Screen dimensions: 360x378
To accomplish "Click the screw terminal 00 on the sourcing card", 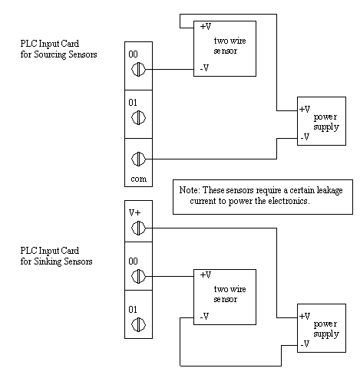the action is click(138, 69).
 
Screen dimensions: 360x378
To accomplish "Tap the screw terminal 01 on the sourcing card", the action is click(138, 117).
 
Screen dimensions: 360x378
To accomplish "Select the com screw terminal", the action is click(138, 159).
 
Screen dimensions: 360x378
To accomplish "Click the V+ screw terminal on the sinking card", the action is click(138, 228).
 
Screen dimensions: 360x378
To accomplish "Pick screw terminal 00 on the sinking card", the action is click(138, 276).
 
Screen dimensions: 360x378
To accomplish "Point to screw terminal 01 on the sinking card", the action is click(138, 324).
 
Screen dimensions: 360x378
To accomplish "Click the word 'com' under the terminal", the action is click(138, 179).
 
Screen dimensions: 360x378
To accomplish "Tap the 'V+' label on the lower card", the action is click(134, 212).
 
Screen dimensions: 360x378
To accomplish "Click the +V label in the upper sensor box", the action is click(206, 26).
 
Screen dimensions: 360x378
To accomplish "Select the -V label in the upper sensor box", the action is click(204, 68).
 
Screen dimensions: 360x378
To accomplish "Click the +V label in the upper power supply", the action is click(305, 109).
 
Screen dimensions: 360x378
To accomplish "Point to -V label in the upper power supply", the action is click(305, 137).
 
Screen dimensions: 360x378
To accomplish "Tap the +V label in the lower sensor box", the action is click(206, 274).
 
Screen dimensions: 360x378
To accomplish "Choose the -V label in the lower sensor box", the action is click(204, 317).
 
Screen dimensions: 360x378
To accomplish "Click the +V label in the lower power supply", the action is click(305, 316).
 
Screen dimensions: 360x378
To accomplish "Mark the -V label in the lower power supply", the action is click(305, 344).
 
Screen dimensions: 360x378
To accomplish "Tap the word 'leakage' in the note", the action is click(329, 191).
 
